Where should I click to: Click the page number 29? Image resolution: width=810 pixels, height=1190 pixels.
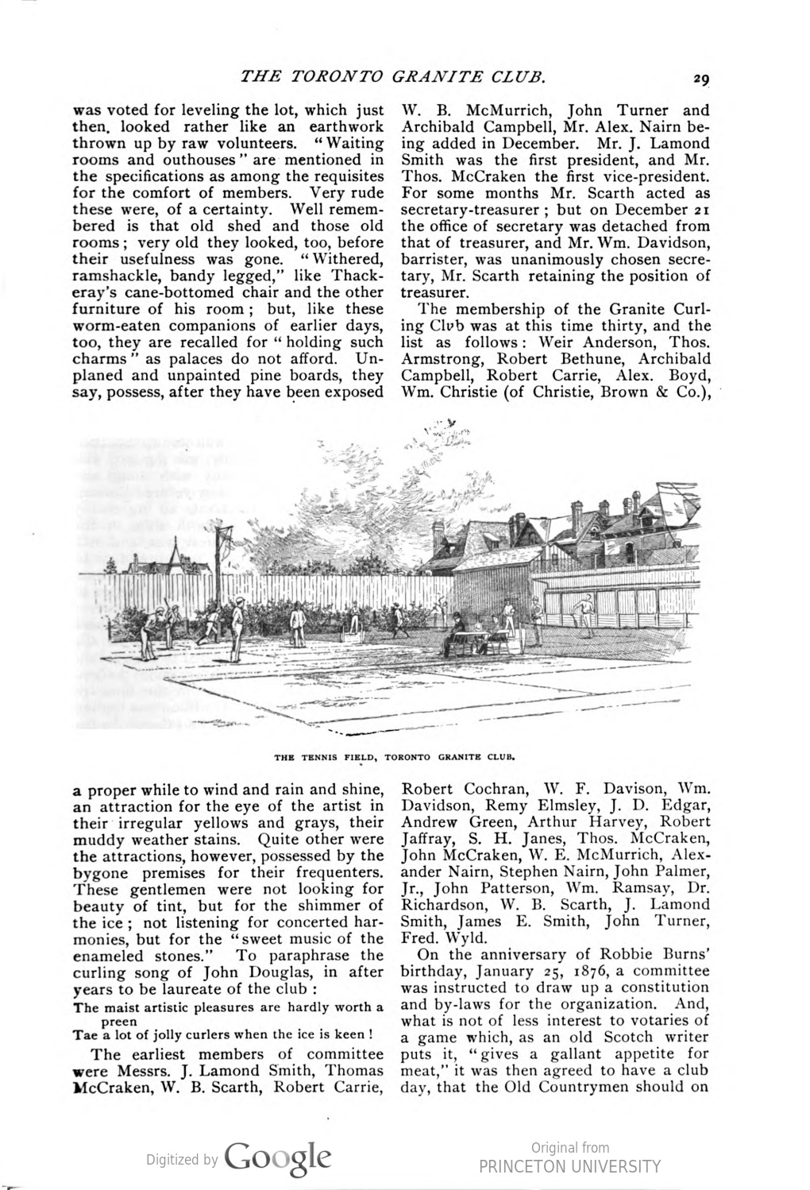(x=700, y=79)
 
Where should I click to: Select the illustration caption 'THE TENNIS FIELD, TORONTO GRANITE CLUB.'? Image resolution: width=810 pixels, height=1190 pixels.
(x=395, y=757)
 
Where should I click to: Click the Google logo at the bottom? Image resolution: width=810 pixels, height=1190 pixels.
(x=278, y=1157)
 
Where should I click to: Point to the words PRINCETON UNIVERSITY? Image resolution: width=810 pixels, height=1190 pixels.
(x=569, y=1166)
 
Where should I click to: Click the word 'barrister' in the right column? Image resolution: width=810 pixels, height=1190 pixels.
(x=438, y=260)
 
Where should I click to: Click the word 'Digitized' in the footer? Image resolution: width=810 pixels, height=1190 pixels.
(x=172, y=1160)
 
